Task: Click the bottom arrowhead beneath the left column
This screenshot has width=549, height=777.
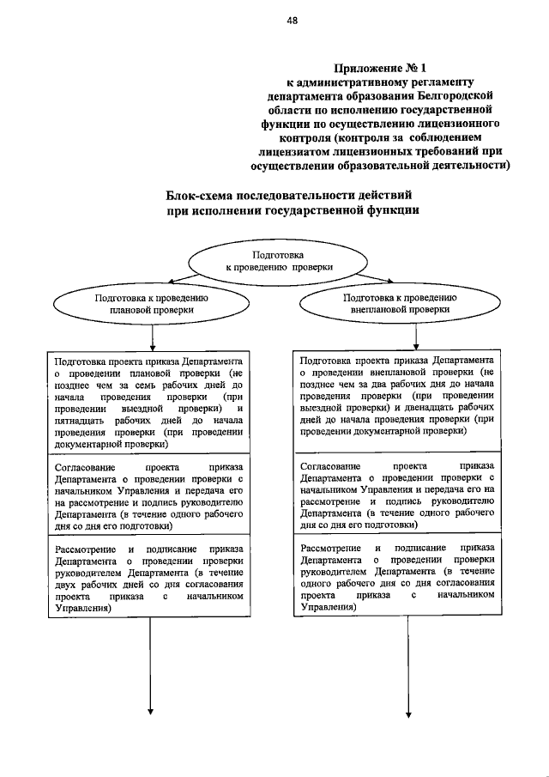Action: point(151,710)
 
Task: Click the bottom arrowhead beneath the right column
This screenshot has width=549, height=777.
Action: point(408,710)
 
